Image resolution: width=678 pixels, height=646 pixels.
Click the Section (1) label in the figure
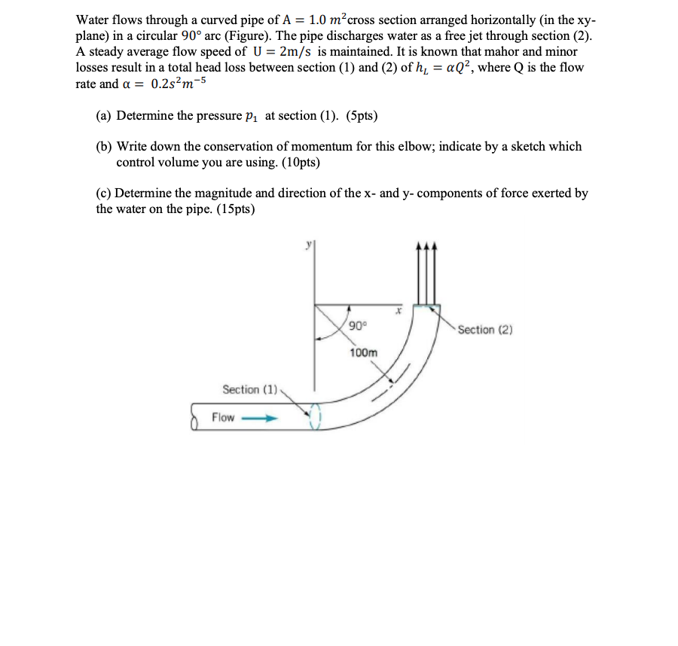[250, 389]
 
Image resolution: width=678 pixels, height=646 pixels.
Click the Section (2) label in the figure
[486, 330]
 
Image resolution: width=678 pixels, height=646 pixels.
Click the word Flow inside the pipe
[223, 417]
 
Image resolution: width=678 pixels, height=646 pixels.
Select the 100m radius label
[363, 352]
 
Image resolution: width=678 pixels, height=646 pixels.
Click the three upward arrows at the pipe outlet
[427, 271]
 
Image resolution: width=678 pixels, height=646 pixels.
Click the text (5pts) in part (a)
[362, 116]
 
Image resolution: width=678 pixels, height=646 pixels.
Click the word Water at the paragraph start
[94, 20]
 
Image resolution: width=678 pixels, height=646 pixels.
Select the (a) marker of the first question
[104, 116]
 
